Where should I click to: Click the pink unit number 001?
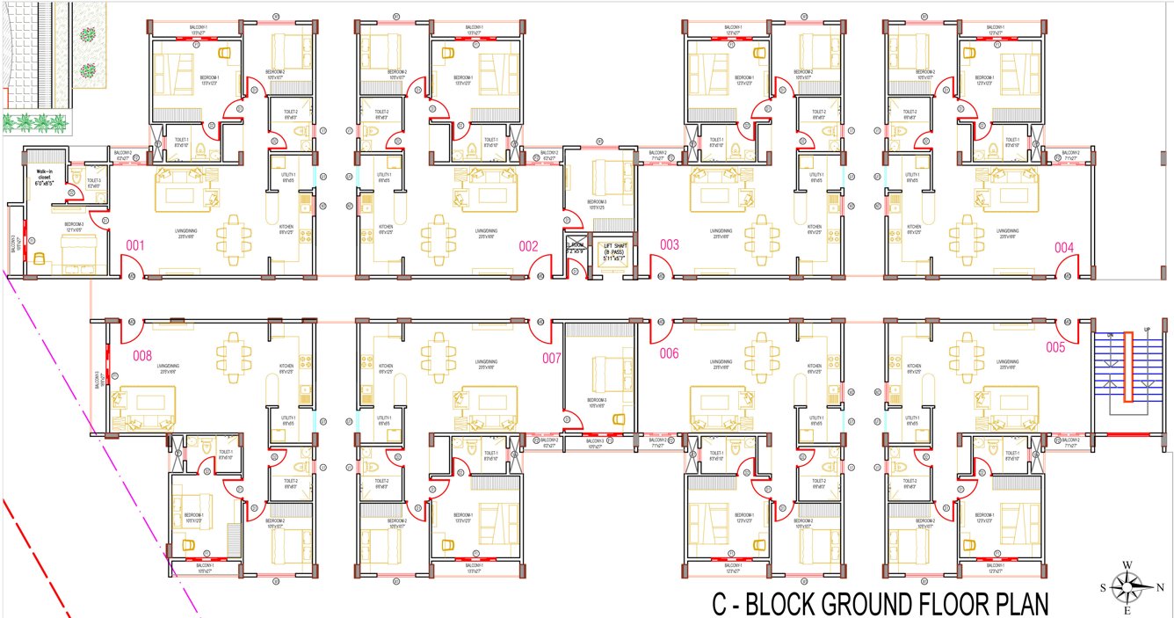(x=135, y=245)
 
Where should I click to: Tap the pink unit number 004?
(x=1064, y=247)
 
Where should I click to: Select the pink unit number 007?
(x=551, y=358)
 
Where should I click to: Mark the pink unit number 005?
(x=1055, y=347)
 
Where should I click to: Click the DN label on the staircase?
(x=1110, y=335)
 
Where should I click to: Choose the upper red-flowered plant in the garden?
(x=88, y=35)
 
